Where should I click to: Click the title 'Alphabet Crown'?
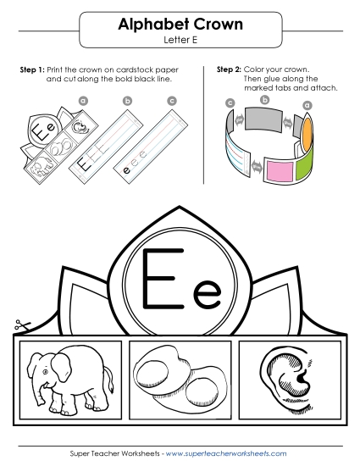(180, 25)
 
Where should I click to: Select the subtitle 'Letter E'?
(180, 40)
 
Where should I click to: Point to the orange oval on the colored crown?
(308, 131)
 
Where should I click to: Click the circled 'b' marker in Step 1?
(128, 101)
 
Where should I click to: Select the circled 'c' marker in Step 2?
(230, 103)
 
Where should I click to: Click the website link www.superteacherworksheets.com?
(226, 455)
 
